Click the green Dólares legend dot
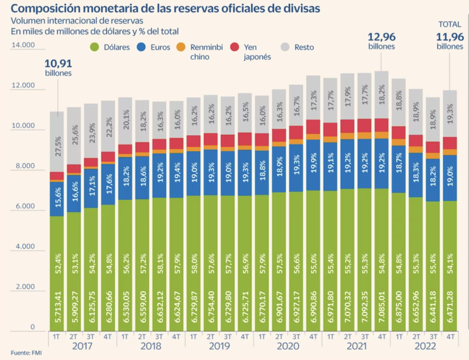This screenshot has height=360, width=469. click(x=94, y=47)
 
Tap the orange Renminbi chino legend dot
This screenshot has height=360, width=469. click(x=180, y=47)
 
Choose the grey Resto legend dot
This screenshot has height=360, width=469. click(x=285, y=47)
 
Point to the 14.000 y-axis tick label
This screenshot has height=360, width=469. click(x=23, y=45)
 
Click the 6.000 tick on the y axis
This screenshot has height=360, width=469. click(x=24, y=207)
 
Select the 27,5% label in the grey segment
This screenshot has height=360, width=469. click(x=58, y=146)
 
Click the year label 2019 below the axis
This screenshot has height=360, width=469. click(x=218, y=346)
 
